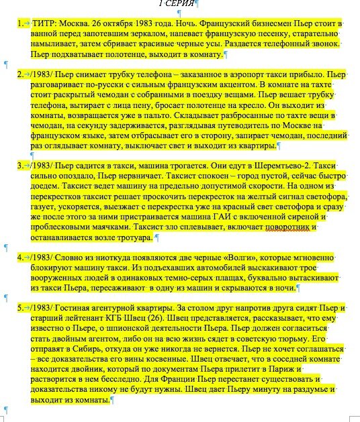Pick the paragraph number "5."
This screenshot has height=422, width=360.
(x=20, y=307)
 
